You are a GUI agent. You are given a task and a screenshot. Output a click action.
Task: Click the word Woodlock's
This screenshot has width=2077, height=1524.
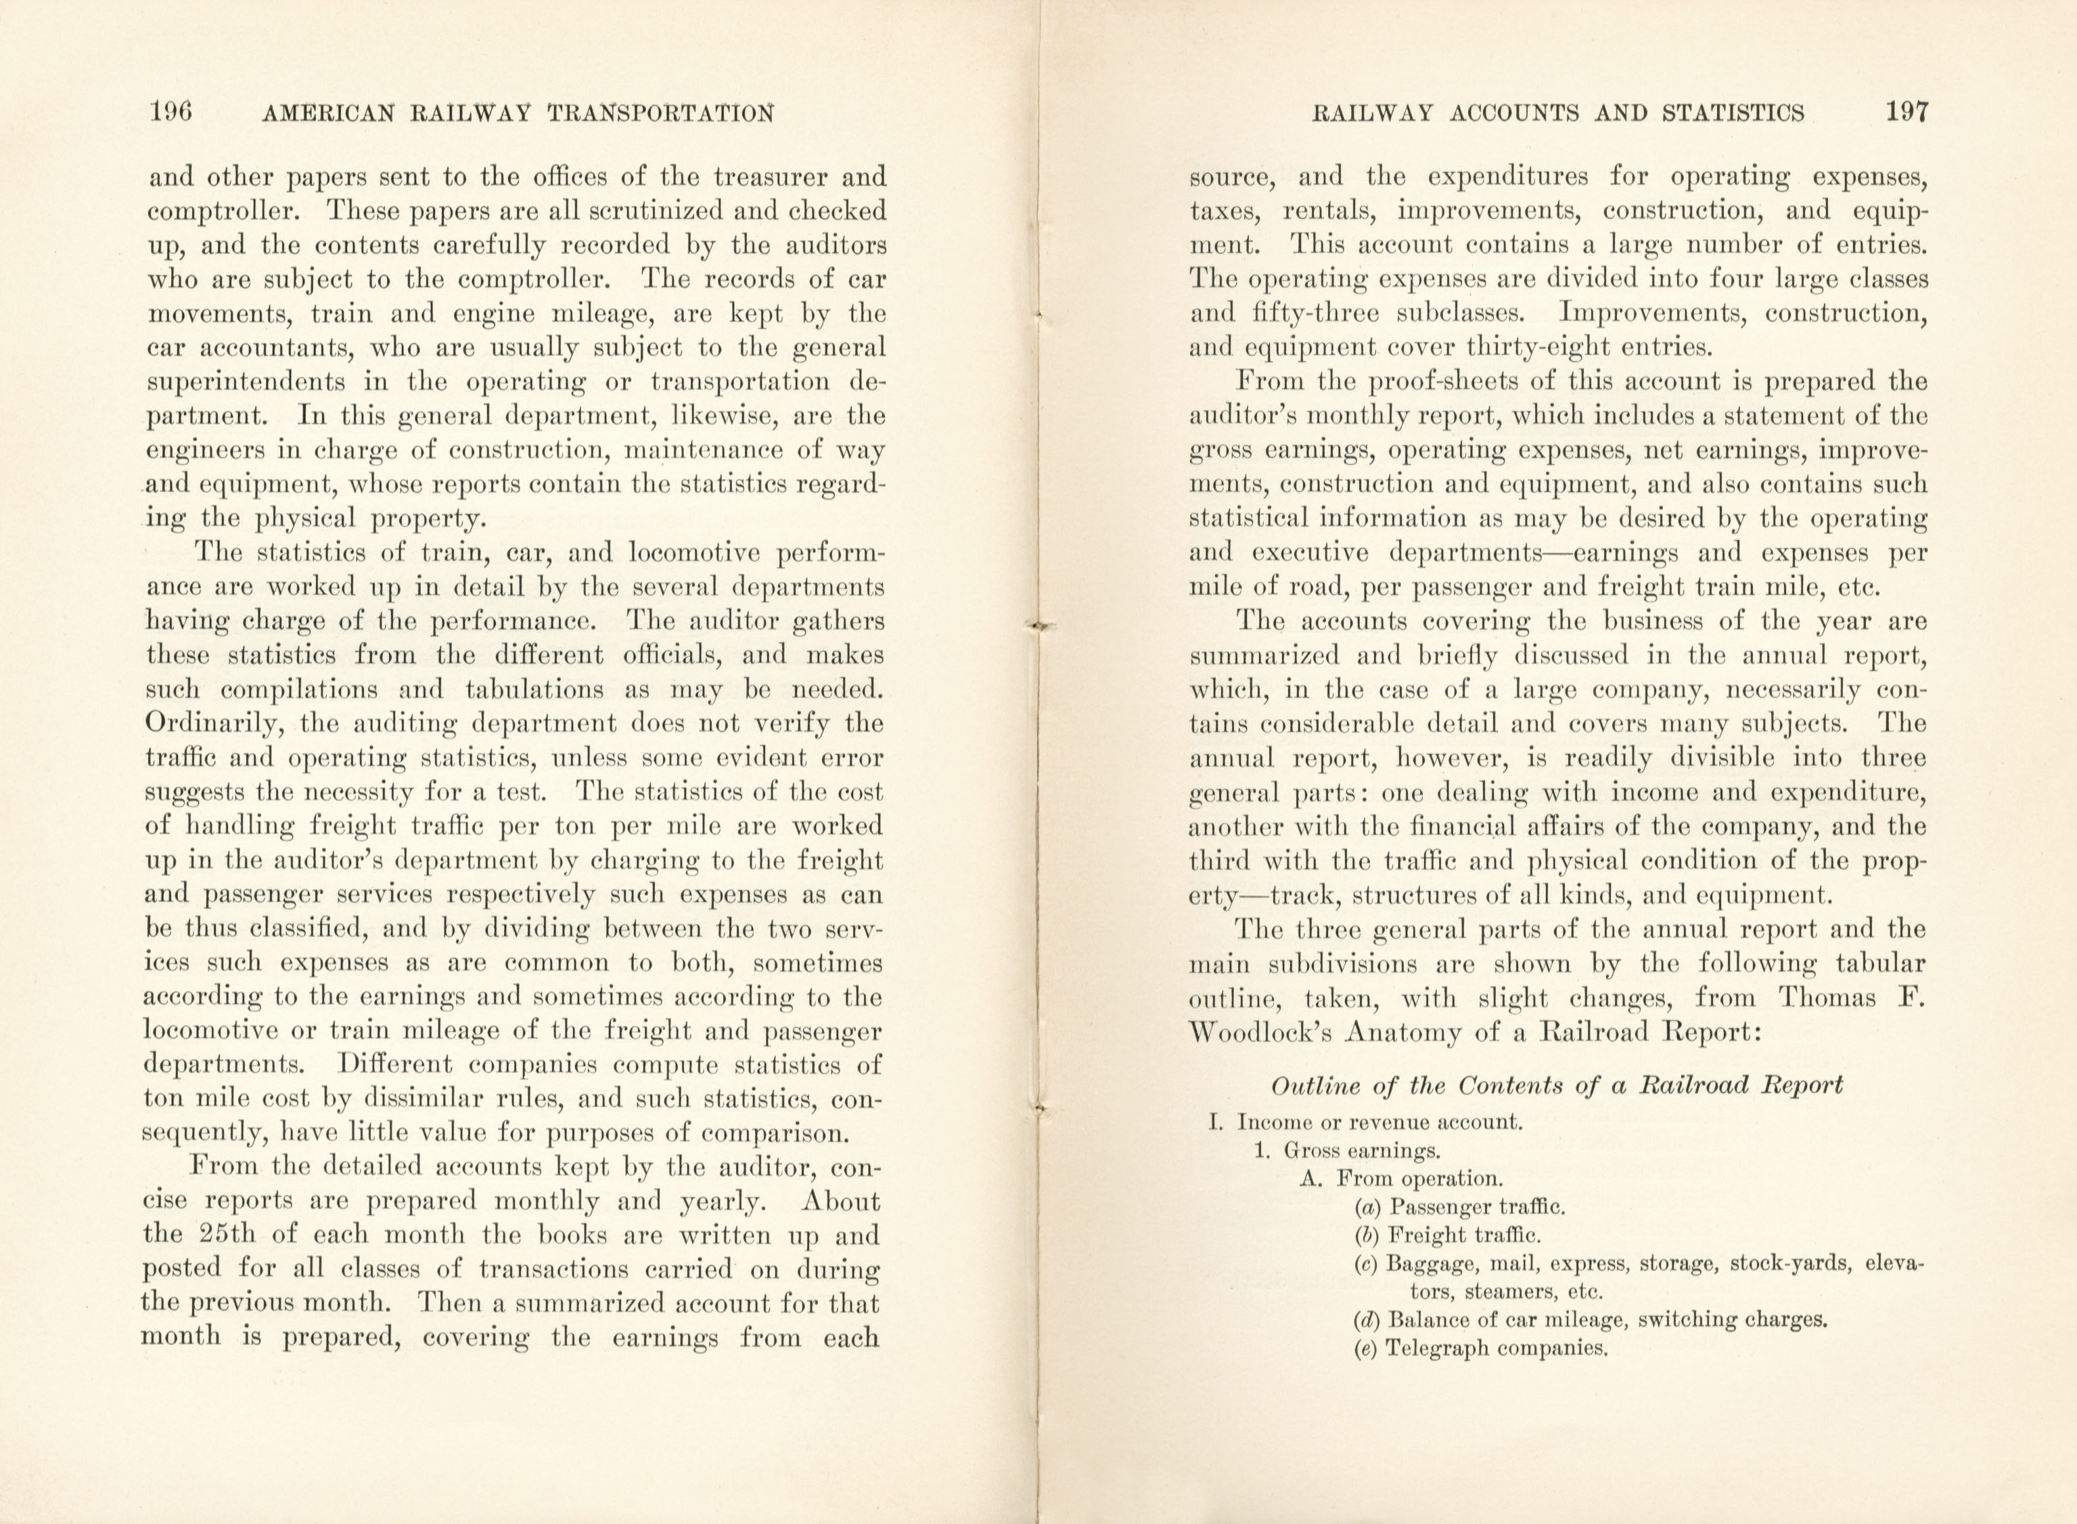coord(1260,1032)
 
